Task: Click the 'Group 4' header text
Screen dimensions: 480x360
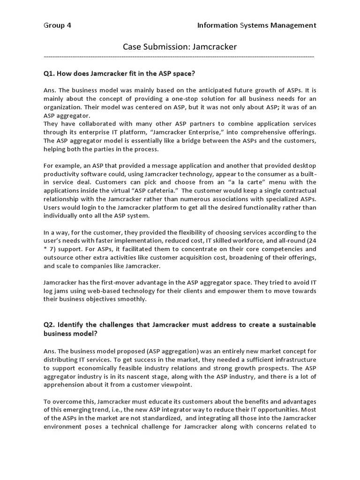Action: point(57,25)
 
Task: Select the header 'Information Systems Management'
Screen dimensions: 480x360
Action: point(256,25)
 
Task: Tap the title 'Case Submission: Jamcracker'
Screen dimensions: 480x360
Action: point(180,46)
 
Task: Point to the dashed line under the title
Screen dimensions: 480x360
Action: point(179,56)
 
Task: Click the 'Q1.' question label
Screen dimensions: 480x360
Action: point(50,74)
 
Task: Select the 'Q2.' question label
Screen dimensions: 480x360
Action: point(50,325)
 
